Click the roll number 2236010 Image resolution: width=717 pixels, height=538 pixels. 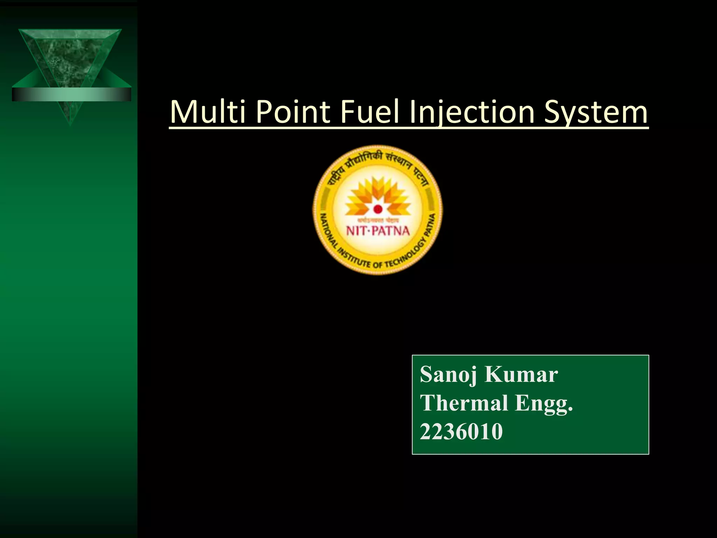click(x=461, y=432)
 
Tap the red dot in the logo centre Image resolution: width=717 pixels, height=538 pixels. click(x=377, y=209)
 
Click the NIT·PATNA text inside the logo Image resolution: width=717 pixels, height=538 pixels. click(x=377, y=231)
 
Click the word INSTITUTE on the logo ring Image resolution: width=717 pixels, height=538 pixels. click(x=354, y=258)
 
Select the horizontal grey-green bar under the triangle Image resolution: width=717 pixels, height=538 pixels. click(x=71, y=94)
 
